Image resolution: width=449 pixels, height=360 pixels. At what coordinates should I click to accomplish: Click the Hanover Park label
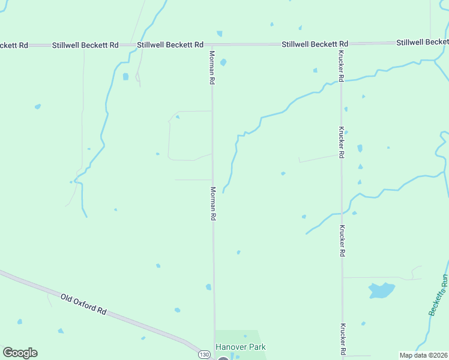pos(240,347)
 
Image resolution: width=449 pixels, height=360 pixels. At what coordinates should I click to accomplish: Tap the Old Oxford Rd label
pos(84,304)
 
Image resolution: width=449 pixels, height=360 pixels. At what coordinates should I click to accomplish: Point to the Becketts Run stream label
pos(439,295)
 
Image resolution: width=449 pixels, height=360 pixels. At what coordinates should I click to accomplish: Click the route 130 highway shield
pos(205,354)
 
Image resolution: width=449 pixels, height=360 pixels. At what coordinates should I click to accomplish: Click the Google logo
pos(20,353)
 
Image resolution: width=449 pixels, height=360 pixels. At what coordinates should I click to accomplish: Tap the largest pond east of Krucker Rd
pos(381,291)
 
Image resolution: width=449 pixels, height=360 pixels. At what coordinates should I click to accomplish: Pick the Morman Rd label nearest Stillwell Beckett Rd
pos(212,67)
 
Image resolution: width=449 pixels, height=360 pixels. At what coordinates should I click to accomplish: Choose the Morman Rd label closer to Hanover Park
pos(212,203)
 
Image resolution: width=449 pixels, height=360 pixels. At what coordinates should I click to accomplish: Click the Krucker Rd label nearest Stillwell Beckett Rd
pos(340,66)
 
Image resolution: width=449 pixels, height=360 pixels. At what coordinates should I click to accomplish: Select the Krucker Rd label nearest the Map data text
pos(343,338)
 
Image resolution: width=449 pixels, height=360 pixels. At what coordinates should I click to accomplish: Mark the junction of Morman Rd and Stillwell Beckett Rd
pos(212,44)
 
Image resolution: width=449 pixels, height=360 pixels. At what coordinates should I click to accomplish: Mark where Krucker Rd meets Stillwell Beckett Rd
pos(340,44)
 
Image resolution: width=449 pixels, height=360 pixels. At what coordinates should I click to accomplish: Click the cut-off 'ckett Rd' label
pos(13,45)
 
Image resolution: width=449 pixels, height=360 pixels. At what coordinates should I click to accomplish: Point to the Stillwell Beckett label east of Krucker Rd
pos(423,42)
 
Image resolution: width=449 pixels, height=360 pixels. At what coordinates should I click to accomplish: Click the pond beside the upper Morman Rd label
pos(223,62)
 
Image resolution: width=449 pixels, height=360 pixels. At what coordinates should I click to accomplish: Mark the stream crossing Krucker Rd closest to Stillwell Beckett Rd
pos(341,80)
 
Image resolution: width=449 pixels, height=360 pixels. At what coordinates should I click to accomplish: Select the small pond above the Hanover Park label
pos(245,336)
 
